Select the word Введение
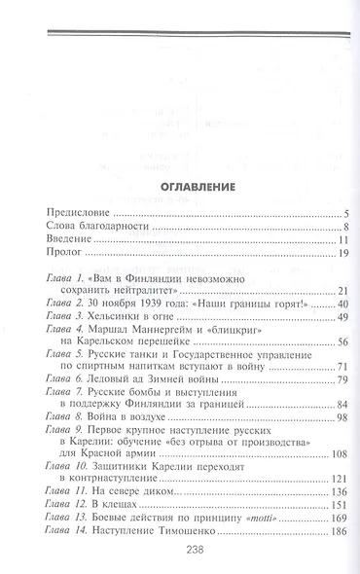pyautogui.click(x=71, y=241)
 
